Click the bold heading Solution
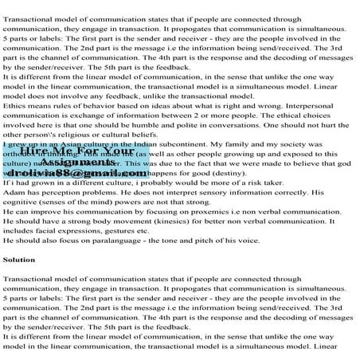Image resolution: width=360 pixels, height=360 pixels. [x=19, y=259]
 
